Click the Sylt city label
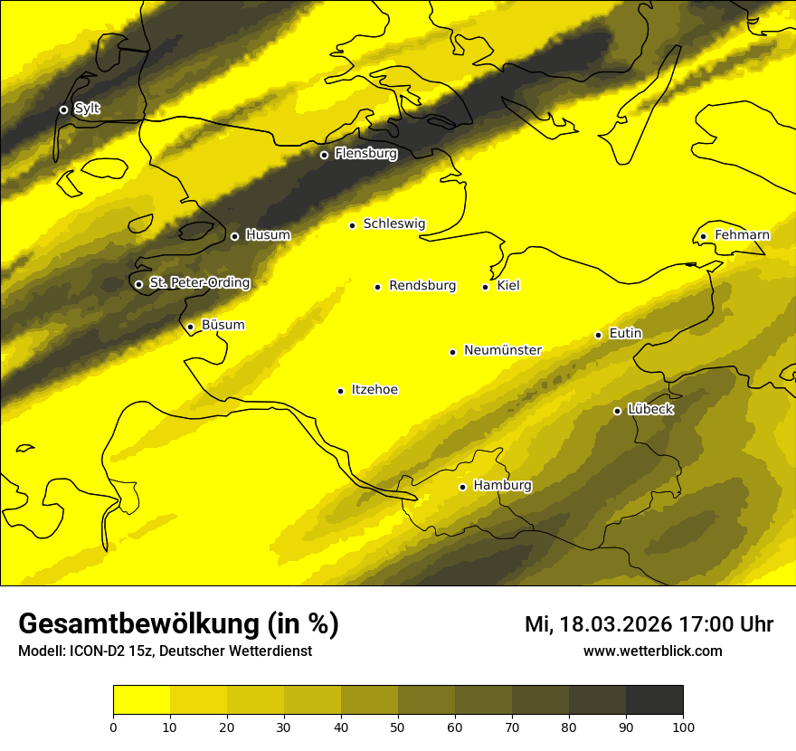click(x=87, y=109)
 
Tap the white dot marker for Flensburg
click(x=324, y=155)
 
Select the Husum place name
click(x=268, y=235)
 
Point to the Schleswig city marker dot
click(x=353, y=225)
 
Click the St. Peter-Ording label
click(x=199, y=283)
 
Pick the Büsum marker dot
click(x=190, y=327)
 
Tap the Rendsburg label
click(x=422, y=286)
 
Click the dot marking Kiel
click(x=485, y=287)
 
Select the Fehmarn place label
click(x=742, y=235)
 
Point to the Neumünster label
click(x=503, y=350)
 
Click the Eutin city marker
click(x=598, y=335)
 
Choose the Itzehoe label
click(x=374, y=390)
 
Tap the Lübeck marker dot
click(x=617, y=411)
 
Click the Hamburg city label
click(x=502, y=486)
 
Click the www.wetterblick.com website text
click(x=653, y=651)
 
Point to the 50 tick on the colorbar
click(x=398, y=726)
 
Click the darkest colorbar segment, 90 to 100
click(x=654, y=700)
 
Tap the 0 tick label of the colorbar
click(x=113, y=726)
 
